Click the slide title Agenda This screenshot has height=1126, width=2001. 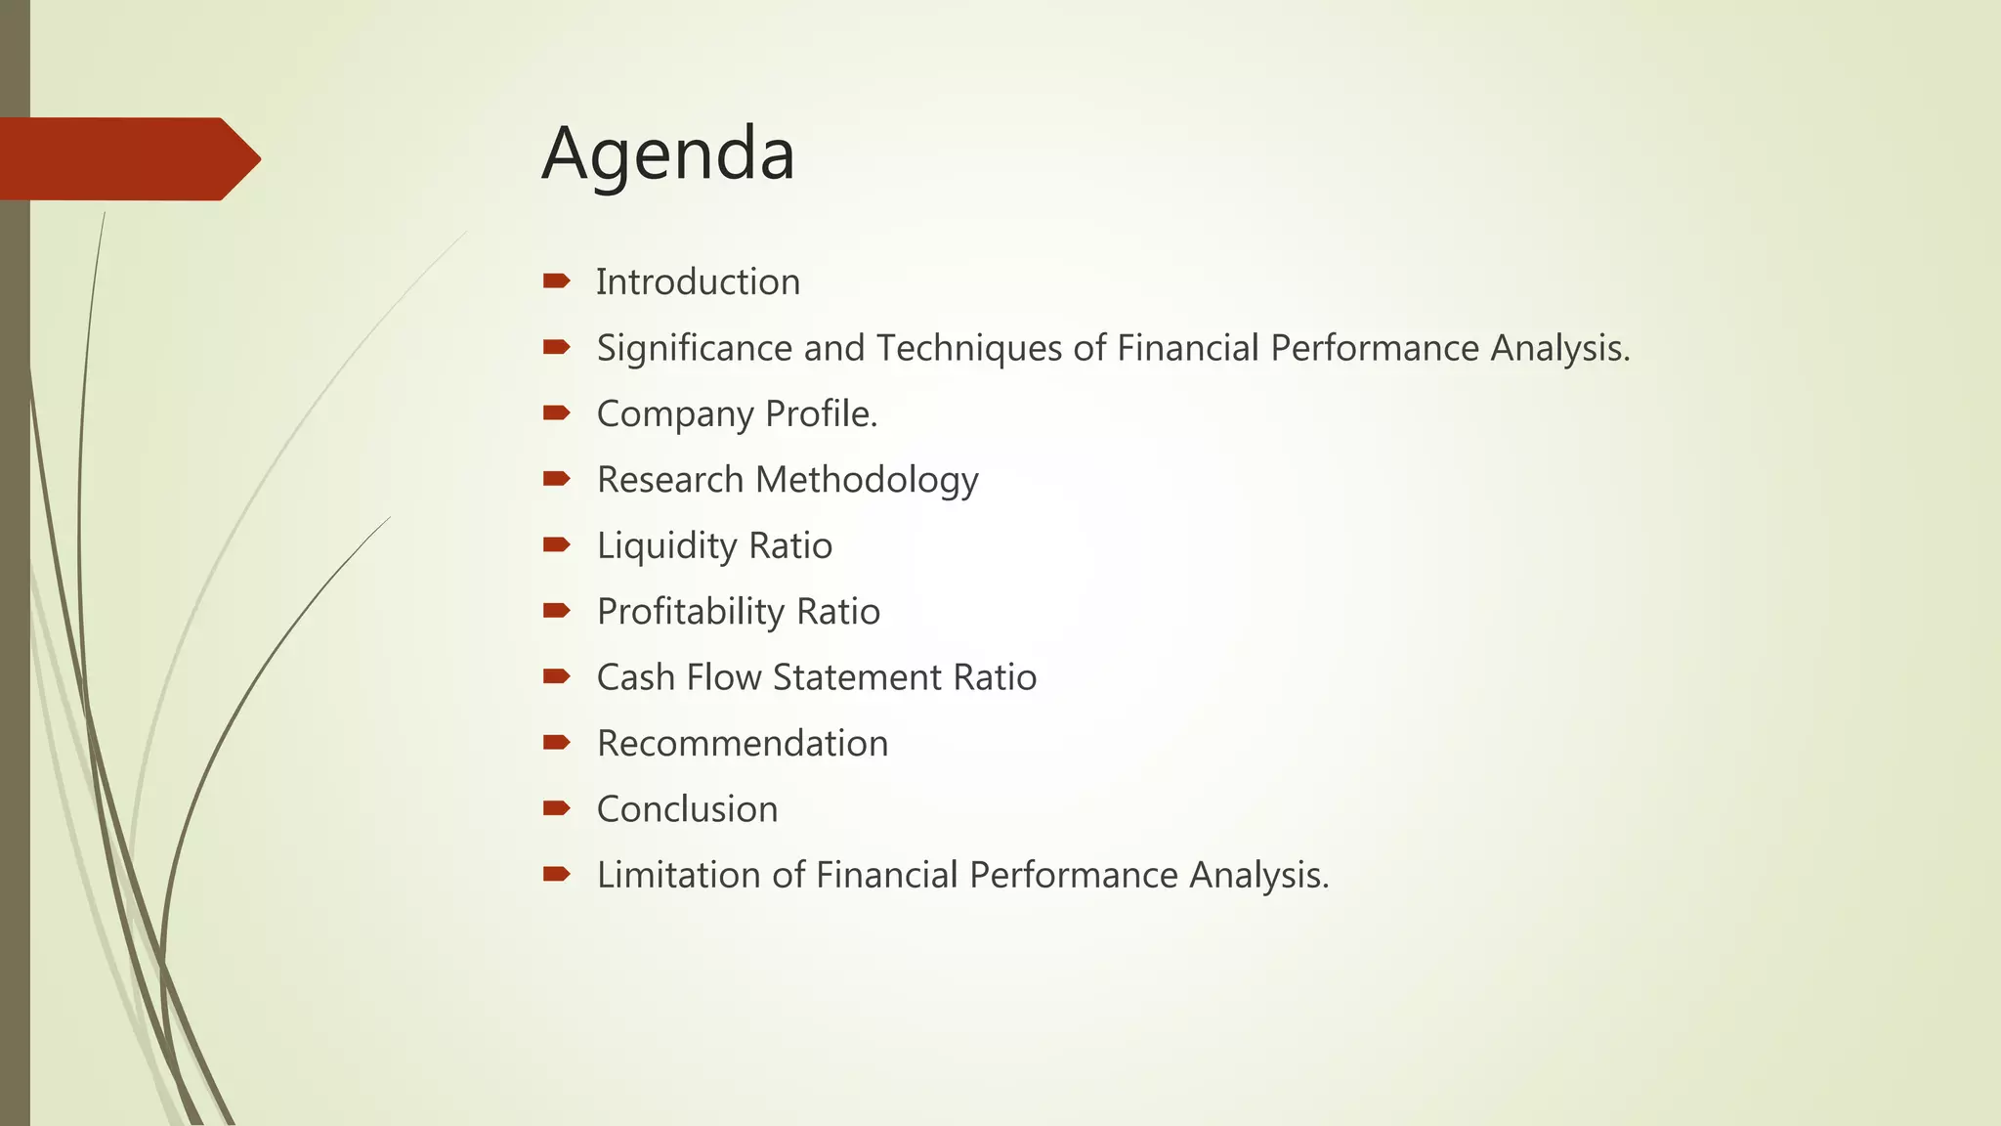tap(668, 154)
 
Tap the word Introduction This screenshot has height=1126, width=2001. tap(698, 282)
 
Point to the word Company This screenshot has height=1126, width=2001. tap(675, 414)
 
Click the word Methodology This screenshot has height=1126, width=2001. tap(867, 480)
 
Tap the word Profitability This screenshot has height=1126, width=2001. tap(691, 612)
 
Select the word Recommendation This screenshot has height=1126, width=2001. tap(743, 744)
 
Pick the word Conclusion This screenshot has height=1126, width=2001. tap(687, 809)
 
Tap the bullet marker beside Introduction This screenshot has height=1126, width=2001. tap(557, 281)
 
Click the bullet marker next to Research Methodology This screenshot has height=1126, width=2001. tap(557, 479)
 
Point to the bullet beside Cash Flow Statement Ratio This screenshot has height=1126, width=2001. tap(557, 676)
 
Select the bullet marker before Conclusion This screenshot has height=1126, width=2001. tap(557, 808)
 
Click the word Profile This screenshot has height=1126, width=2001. tap(821, 414)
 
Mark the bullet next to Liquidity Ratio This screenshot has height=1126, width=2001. tap(557, 544)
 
